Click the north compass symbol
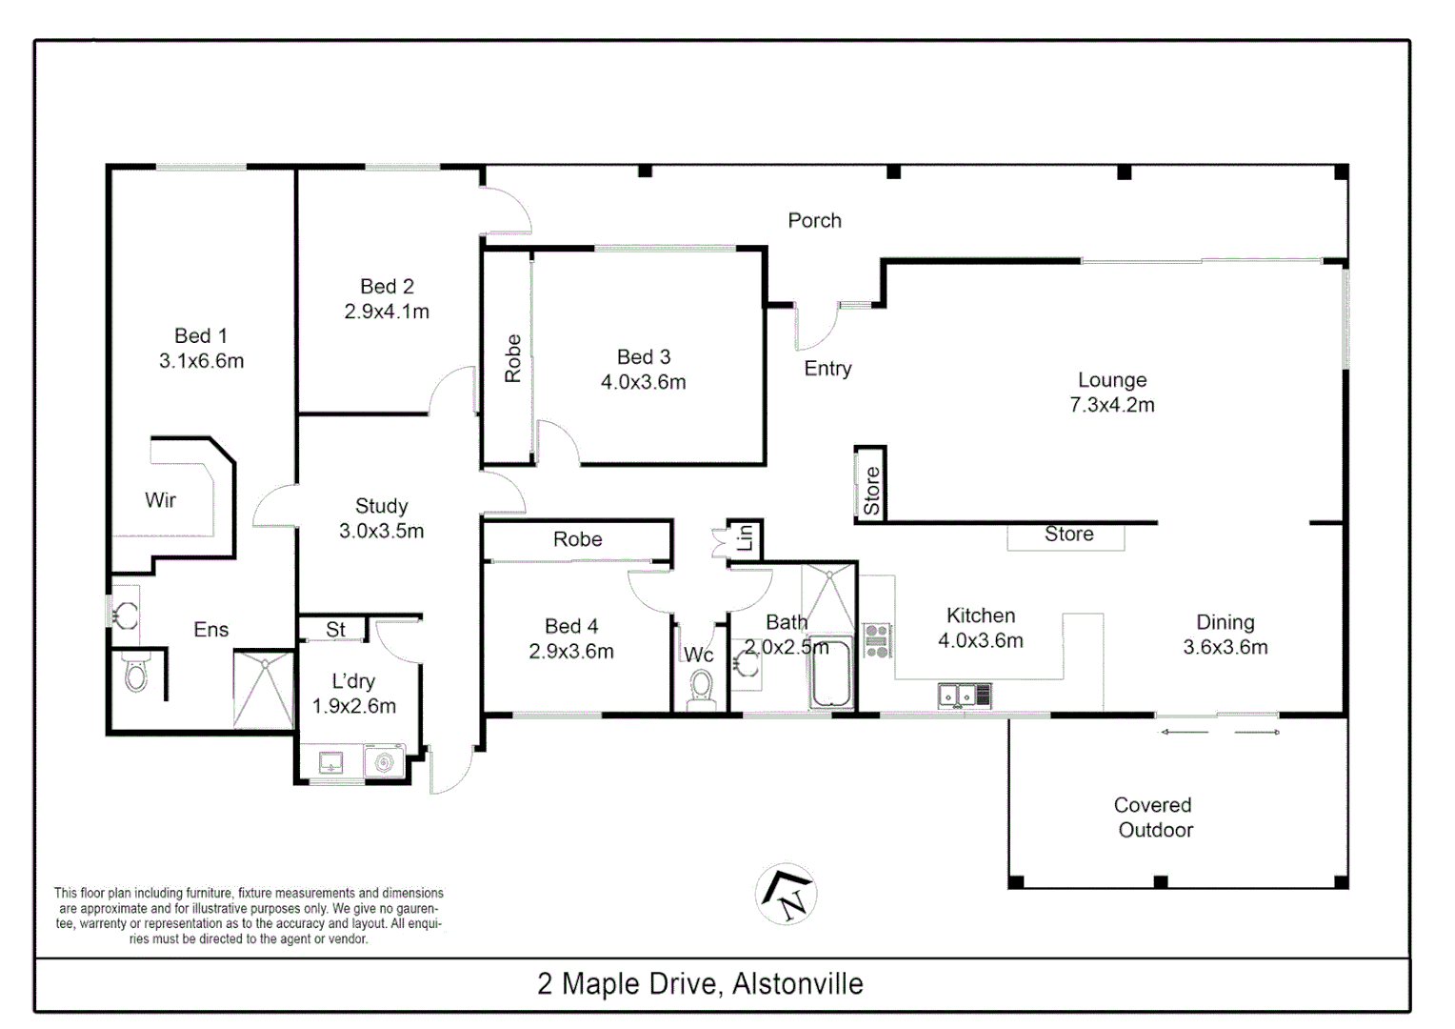[x=787, y=894]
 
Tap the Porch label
[x=814, y=221]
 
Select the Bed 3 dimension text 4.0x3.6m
[x=643, y=382]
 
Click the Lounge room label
[x=1111, y=380]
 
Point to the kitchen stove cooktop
[x=876, y=640]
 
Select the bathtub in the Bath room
[x=830, y=675]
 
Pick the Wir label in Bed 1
[x=160, y=500]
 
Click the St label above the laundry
[x=335, y=630]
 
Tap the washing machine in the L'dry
[x=384, y=762]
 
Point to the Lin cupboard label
[x=745, y=538]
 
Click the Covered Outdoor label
[x=1154, y=817]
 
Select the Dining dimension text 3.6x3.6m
[x=1225, y=648]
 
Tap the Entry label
[x=827, y=369]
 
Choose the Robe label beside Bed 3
[x=513, y=358]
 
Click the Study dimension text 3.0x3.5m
[x=381, y=532]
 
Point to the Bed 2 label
[x=387, y=287]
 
